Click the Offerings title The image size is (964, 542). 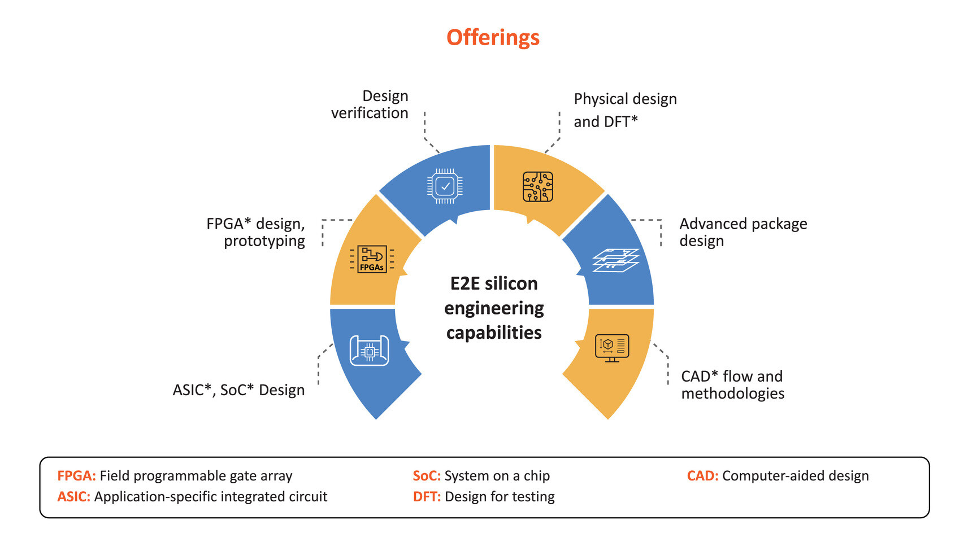[x=493, y=38]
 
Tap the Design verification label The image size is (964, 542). [x=370, y=104]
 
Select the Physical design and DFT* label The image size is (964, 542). [x=625, y=110]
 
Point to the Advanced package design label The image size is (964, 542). [x=742, y=232]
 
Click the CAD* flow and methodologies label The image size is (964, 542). [x=732, y=384]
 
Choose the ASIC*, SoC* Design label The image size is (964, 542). [x=238, y=390]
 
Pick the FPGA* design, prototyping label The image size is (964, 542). [x=257, y=232]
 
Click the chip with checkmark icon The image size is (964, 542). [x=445, y=186]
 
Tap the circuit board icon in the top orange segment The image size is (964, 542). [x=537, y=187]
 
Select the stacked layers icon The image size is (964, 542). [x=615, y=260]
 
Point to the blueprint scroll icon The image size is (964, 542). [x=370, y=351]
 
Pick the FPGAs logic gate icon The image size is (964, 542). [x=372, y=259]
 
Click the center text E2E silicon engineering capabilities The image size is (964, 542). [x=494, y=308]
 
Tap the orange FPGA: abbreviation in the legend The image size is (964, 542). [x=76, y=476]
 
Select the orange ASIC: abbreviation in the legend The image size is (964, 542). [x=73, y=497]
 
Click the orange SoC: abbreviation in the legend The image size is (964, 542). [x=427, y=476]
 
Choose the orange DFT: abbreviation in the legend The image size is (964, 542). [x=427, y=497]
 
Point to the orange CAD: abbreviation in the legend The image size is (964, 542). [x=702, y=476]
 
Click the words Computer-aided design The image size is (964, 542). [x=795, y=476]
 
